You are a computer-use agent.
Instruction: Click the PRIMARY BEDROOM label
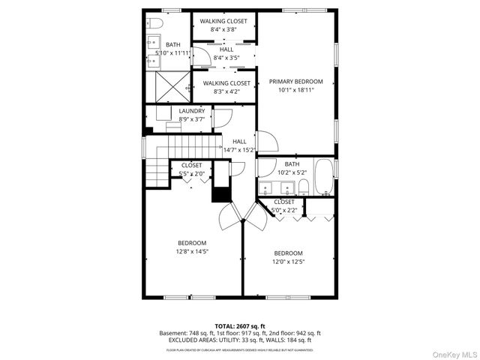295,81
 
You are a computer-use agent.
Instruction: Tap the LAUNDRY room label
192,111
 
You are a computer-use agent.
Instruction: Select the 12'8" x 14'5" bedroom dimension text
193,251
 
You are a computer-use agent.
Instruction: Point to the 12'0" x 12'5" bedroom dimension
288,262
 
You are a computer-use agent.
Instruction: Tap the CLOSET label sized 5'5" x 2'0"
191,165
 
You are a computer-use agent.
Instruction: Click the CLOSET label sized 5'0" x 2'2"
284,202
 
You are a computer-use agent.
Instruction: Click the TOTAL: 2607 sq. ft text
239,325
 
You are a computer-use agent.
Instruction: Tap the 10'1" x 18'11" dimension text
295,90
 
